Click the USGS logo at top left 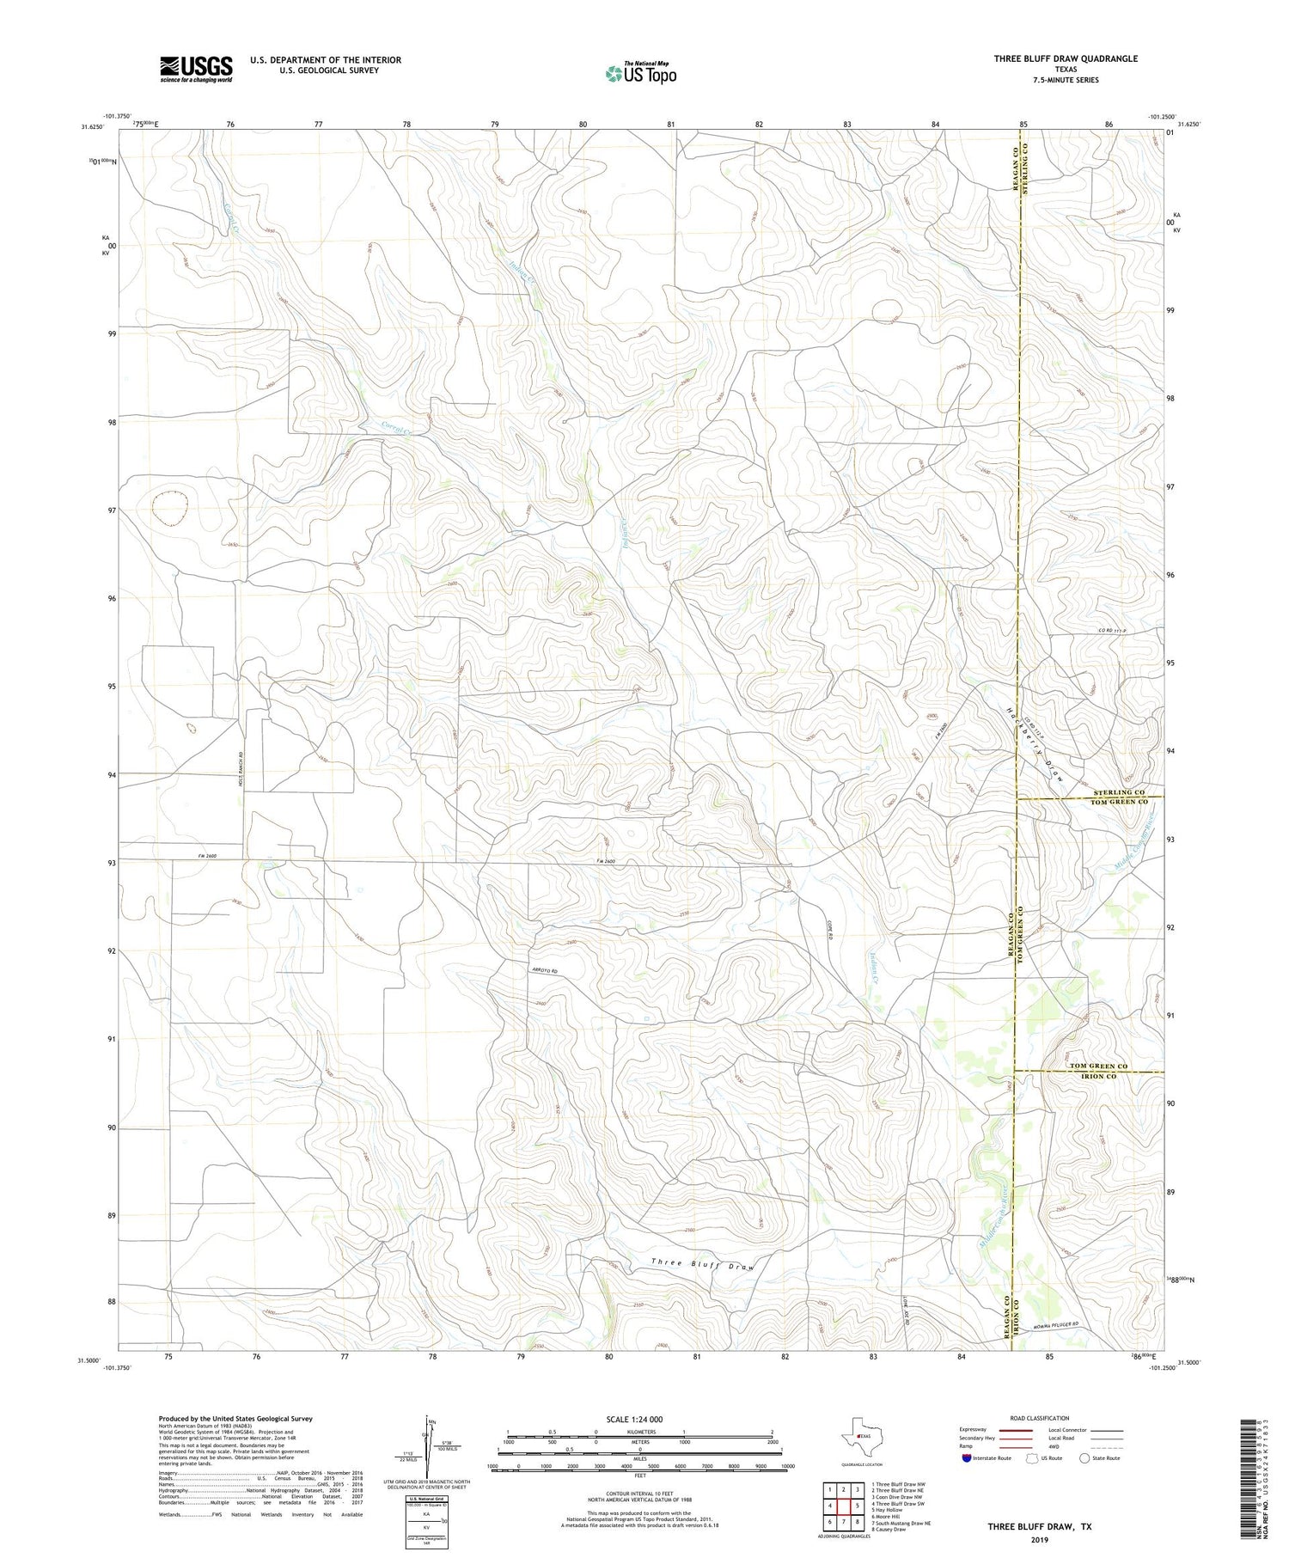[196, 69]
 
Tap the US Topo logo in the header [640, 73]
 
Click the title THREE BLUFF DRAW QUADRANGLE [1066, 58]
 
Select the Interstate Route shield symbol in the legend [966, 1458]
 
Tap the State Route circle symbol [1084, 1458]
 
